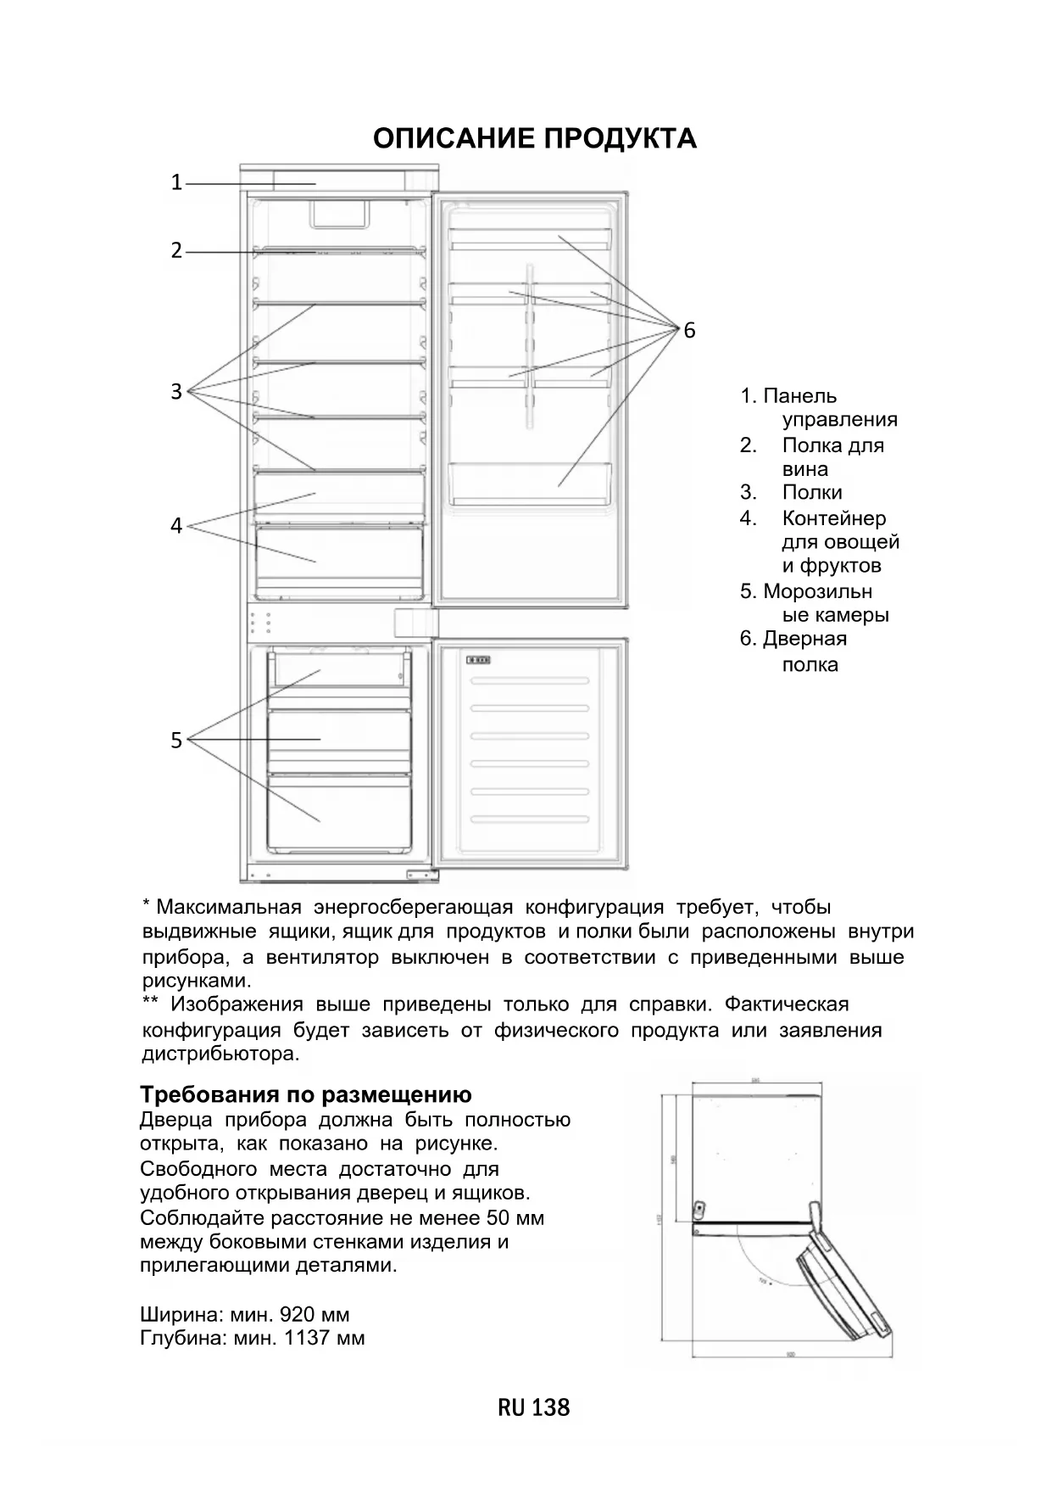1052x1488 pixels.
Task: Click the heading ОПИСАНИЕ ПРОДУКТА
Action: [535, 138]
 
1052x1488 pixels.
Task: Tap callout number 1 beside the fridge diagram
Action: [176, 182]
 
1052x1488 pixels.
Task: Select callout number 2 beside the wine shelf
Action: [176, 251]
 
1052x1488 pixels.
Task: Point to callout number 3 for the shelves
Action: [176, 392]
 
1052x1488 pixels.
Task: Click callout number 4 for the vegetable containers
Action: [176, 526]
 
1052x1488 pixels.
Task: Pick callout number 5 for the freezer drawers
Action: [176, 741]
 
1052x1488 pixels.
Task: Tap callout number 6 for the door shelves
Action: [689, 331]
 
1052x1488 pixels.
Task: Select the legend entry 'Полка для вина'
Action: [832, 457]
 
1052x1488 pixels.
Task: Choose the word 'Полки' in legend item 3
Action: [812, 493]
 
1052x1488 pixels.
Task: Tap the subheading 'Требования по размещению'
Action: [305, 1094]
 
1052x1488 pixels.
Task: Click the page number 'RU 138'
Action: [534, 1408]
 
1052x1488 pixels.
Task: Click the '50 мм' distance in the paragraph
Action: [515, 1218]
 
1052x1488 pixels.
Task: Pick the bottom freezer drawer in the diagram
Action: [339, 812]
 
